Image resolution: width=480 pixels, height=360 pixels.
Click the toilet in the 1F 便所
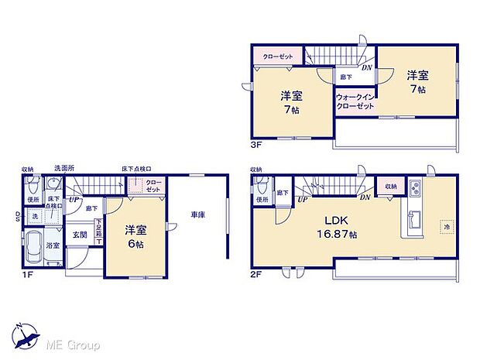tap(32, 186)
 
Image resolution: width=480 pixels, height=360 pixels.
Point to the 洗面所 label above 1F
tap(64, 168)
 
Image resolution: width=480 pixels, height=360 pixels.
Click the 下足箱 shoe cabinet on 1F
tap(98, 230)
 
